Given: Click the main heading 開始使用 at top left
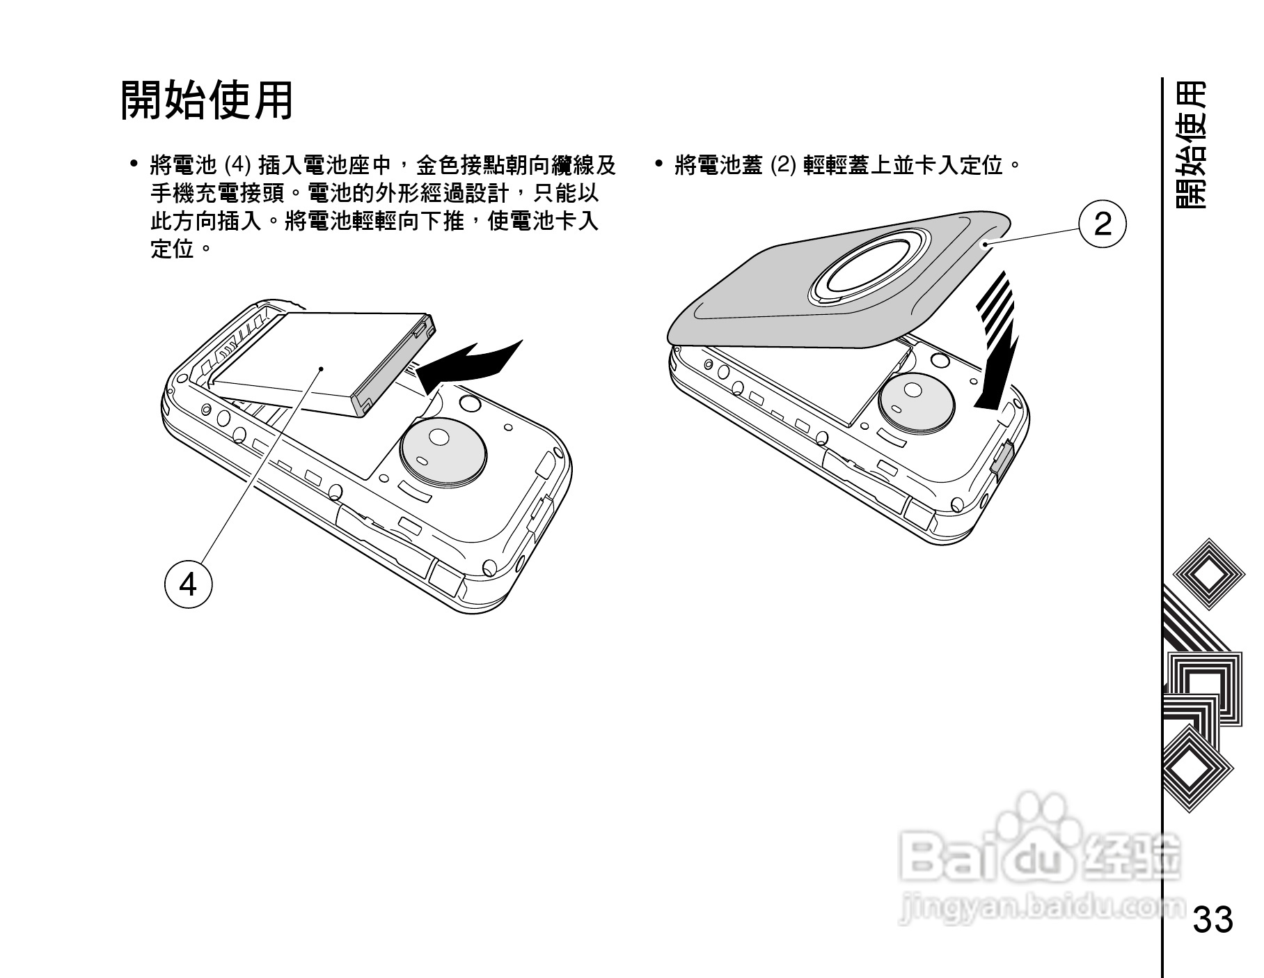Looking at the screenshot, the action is (x=207, y=100).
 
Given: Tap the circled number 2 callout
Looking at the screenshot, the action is (x=1102, y=224).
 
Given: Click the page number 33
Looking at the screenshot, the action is (x=1213, y=919).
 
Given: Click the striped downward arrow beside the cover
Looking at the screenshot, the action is (x=997, y=341).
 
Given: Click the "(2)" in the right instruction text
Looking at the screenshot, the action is (x=782, y=166).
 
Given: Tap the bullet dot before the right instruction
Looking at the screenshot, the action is (x=658, y=165).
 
